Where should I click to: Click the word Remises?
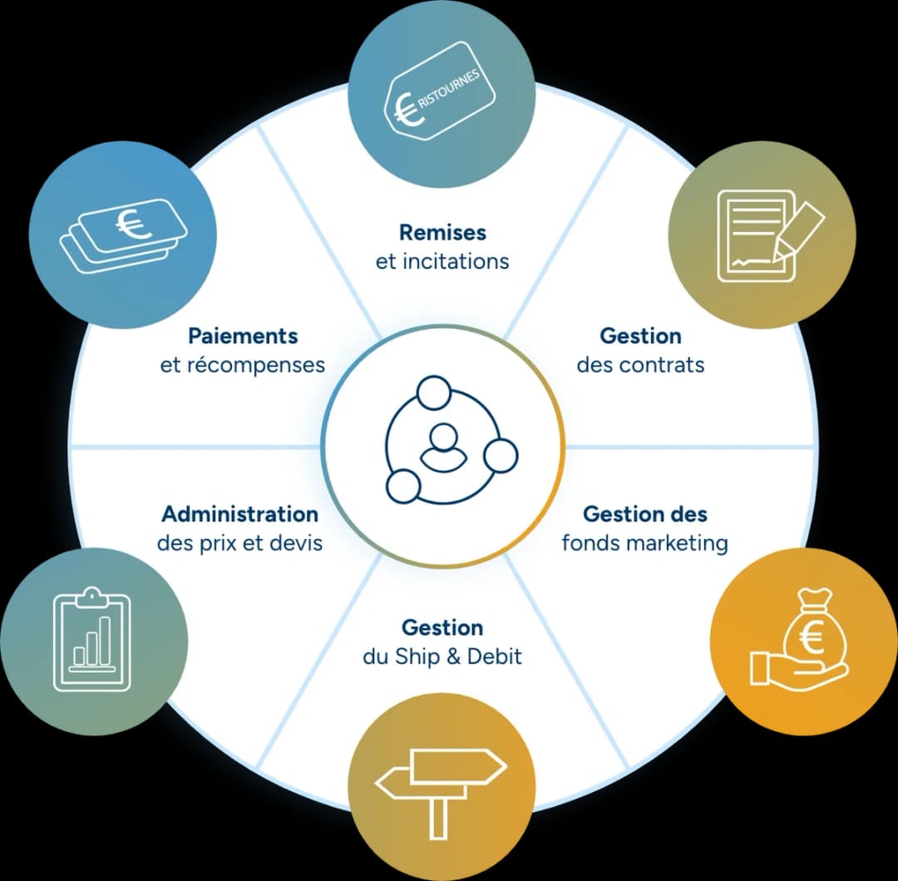(442, 233)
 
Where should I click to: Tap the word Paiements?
(243, 335)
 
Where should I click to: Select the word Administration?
(240, 514)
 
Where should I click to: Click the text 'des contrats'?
(640, 364)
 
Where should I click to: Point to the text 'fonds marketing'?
(645, 542)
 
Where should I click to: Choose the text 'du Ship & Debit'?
(442, 656)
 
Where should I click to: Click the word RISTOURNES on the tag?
(449, 89)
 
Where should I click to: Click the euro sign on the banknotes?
(133, 225)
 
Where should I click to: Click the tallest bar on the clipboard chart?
(105, 641)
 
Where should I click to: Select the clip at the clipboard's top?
(91, 597)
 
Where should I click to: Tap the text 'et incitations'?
(442, 261)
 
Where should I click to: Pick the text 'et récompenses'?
(243, 365)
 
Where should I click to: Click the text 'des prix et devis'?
(240, 542)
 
